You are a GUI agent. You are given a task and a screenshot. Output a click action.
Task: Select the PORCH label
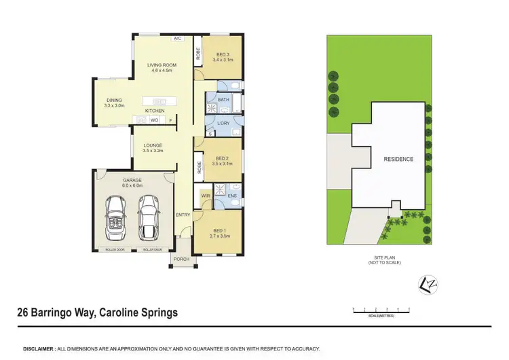point(181,259)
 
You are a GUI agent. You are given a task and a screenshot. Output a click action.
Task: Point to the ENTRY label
point(183,215)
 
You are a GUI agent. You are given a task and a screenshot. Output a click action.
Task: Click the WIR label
point(205,196)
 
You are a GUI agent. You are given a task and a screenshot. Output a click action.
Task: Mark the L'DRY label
point(224,124)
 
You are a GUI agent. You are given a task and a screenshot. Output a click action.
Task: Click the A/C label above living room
point(178,39)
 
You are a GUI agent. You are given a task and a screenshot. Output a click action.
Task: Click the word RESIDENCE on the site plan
point(398,159)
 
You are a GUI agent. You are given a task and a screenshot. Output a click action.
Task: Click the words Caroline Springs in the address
point(138,313)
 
